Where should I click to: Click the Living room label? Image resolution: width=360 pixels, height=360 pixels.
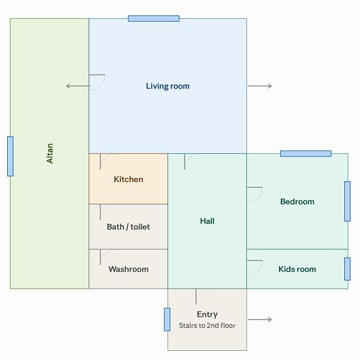pyautogui.click(x=168, y=86)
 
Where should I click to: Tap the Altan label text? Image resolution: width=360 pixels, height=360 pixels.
pyautogui.click(x=50, y=153)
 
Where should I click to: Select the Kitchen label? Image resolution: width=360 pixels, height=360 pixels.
pyautogui.click(x=128, y=179)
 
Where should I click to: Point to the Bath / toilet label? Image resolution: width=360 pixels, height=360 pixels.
pyautogui.click(x=128, y=227)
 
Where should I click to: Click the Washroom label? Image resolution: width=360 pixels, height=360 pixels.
pyautogui.click(x=128, y=269)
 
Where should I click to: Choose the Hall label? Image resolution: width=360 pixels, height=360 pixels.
pyautogui.click(x=207, y=221)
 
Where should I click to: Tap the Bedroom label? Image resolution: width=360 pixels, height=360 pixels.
pyautogui.click(x=297, y=202)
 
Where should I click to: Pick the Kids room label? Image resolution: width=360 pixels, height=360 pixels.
pyautogui.click(x=297, y=269)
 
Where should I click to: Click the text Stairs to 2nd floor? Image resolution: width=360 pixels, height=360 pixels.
pyautogui.click(x=207, y=325)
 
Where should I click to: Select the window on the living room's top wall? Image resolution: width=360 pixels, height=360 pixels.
pyautogui.click(x=154, y=18)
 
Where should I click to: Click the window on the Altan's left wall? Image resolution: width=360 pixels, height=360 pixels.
pyautogui.click(x=10, y=156)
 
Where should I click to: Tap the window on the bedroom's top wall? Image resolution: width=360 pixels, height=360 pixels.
pyautogui.click(x=306, y=154)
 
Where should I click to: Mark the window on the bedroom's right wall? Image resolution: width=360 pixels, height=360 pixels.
pyautogui.click(x=348, y=202)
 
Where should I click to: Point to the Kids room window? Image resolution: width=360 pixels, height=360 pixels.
pyautogui.click(x=348, y=269)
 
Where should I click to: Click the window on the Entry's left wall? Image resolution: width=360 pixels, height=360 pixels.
pyautogui.click(x=167, y=319)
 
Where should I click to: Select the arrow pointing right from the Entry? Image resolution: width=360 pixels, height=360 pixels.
pyautogui.click(x=260, y=319)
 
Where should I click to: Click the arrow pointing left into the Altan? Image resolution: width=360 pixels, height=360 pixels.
pyautogui.click(x=78, y=86)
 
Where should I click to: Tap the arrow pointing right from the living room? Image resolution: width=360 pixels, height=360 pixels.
pyautogui.click(x=260, y=86)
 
